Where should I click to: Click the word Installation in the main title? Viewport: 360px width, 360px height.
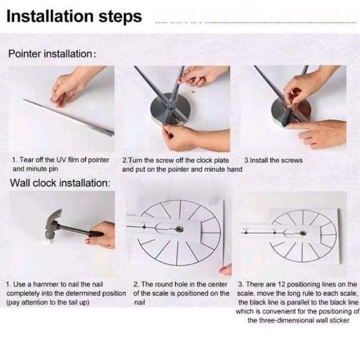pos(50,16)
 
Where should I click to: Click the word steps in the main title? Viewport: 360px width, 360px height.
pos(120,17)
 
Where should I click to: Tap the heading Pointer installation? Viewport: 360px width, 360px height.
pos(52,53)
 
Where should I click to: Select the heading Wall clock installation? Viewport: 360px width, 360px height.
pos(60,183)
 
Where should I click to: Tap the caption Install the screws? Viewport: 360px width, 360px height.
pos(273,160)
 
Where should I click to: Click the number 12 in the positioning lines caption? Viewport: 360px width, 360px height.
pos(281,284)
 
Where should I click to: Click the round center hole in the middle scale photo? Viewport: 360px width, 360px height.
pos(179,229)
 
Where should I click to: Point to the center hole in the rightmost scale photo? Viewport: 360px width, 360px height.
pos(302,233)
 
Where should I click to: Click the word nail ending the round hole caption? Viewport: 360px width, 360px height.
pos(139,302)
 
